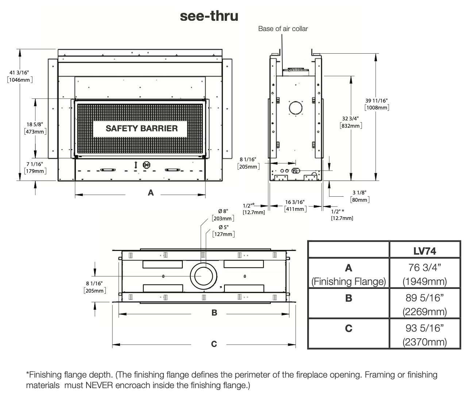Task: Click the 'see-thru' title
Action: (209, 16)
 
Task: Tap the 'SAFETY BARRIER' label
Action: (142, 128)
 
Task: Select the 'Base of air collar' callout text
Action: (283, 28)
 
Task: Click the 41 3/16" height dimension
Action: (20, 76)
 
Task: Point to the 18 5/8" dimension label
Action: (35, 128)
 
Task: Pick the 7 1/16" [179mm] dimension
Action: (35, 167)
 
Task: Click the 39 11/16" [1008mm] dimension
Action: (377, 104)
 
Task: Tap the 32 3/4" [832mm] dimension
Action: (351, 122)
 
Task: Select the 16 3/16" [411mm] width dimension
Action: (295, 205)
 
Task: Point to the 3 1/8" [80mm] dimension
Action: (360, 196)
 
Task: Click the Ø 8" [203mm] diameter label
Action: (223, 215)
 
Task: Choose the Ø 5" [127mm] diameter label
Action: (223, 231)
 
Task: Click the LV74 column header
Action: (425, 251)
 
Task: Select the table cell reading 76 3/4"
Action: (425, 267)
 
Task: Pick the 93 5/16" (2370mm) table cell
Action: (425, 335)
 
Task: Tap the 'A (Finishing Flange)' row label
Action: (349, 275)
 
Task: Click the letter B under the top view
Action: (214, 313)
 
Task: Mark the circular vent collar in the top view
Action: (204, 263)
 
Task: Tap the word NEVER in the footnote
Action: (99, 385)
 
